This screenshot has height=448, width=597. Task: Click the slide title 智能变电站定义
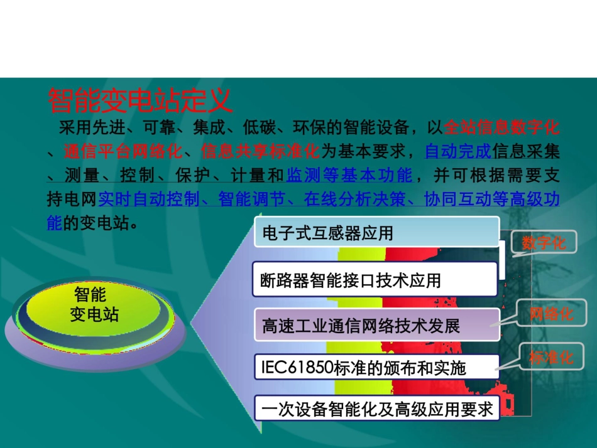(140, 100)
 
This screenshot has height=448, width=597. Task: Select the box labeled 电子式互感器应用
(376, 233)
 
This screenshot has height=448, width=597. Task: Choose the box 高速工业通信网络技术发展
(376, 326)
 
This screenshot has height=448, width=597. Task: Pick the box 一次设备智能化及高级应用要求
(376, 410)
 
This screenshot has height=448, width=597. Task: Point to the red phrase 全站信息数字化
(501, 129)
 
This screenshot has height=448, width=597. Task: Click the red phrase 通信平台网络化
(123, 151)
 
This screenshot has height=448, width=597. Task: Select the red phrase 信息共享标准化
(260, 151)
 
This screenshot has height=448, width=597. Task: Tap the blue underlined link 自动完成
(457, 151)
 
